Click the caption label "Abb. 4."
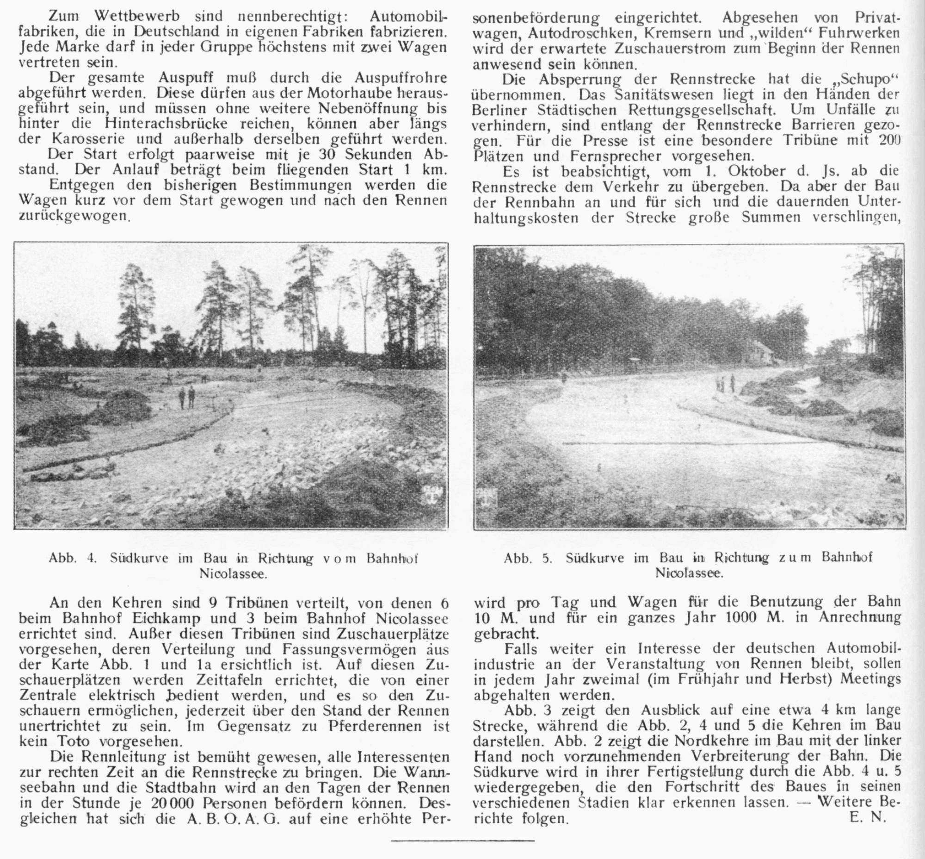72,558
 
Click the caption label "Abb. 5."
528,558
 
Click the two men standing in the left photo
187,398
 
